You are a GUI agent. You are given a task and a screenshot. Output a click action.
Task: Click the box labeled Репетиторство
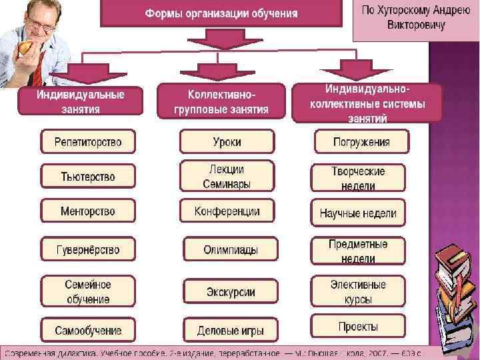pos(88,142)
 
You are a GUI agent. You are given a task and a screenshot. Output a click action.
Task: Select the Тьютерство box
pos(88,177)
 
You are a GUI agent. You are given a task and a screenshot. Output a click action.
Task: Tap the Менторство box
pos(88,211)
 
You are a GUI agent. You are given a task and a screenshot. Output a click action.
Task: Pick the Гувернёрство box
pos(88,250)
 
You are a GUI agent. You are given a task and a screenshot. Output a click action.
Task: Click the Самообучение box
pos(88,330)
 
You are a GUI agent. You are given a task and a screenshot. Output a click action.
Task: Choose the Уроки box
pos(227,142)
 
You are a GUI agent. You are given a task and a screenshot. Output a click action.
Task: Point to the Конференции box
pos(227,211)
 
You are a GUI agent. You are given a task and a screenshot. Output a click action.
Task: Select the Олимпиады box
pos(230,250)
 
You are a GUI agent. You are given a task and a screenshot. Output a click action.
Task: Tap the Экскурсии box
pos(230,291)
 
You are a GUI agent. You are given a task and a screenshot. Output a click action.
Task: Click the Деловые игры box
pos(230,330)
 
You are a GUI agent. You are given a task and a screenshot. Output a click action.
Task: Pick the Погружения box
pos(362,142)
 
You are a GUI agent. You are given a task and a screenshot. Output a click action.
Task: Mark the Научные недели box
pos(358,213)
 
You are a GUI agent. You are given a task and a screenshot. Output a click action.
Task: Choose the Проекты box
pos(358,327)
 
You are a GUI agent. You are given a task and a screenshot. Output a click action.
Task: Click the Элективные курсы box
pos(358,292)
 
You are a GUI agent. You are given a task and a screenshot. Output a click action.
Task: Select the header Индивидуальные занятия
pos(80,102)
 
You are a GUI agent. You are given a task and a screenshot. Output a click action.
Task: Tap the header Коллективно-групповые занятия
pos(221,102)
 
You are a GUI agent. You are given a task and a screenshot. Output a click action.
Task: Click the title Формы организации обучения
pos(222,13)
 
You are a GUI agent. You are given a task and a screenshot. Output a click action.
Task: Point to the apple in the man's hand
pos(26,48)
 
